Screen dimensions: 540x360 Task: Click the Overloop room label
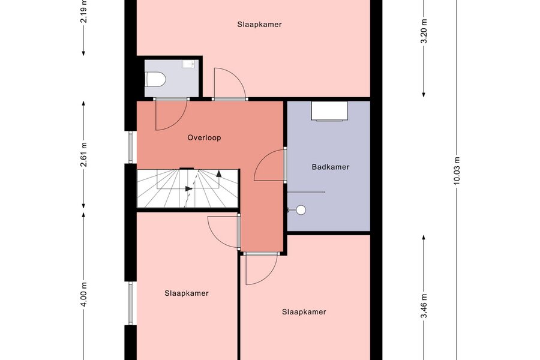[204, 138]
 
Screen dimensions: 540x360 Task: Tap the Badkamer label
[331, 167]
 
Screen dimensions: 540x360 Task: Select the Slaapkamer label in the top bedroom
[259, 25]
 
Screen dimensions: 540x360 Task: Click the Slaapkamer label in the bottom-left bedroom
[187, 293]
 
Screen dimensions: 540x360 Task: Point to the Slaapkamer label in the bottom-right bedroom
[304, 312]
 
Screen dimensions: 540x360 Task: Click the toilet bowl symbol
[155, 79]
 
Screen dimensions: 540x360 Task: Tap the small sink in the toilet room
[189, 64]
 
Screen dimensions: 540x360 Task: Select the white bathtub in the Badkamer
[329, 111]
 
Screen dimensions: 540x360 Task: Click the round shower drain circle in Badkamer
[301, 210]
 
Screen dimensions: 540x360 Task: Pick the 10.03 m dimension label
[457, 171]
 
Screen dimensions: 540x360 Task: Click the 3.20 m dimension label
[424, 31]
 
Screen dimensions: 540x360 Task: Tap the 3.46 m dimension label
[424, 306]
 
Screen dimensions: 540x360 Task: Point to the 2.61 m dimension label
[83, 154]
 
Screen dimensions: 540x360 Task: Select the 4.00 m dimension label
[83, 294]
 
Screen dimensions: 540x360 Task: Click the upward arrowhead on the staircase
[218, 173]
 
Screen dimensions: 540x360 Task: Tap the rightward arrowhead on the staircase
[189, 188]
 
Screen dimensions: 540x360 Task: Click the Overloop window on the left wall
[131, 148]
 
